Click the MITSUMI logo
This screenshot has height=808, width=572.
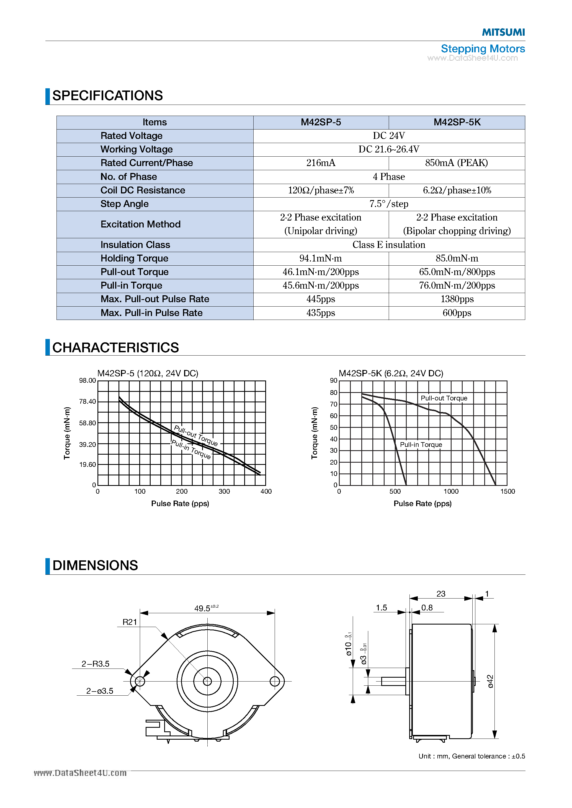[x=503, y=32]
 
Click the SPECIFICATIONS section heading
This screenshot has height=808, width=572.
[x=107, y=96]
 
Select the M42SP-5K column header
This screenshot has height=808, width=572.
[x=457, y=122]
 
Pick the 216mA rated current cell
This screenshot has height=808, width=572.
[x=321, y=163]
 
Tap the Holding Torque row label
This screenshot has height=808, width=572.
[x=134, y=258]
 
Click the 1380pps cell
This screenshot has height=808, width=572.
[x=457, y=299]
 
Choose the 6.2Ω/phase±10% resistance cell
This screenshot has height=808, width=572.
[x=457, y=190]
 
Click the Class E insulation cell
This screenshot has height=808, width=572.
[x=389, y=245]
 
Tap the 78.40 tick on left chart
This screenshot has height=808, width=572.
[x=87, y=402]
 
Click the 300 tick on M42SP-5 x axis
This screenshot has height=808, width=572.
[x=224, y=491]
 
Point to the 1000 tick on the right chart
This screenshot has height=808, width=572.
[x=451, y=491]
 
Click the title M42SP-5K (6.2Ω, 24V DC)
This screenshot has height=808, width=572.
[x=391, y=373]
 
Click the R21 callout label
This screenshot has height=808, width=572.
[x=130, y=622]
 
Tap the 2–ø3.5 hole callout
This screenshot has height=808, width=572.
[x=100, y=691]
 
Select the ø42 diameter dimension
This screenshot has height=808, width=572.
[x=490, y=681]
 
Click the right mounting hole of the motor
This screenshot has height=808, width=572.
[x=274, y=681]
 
